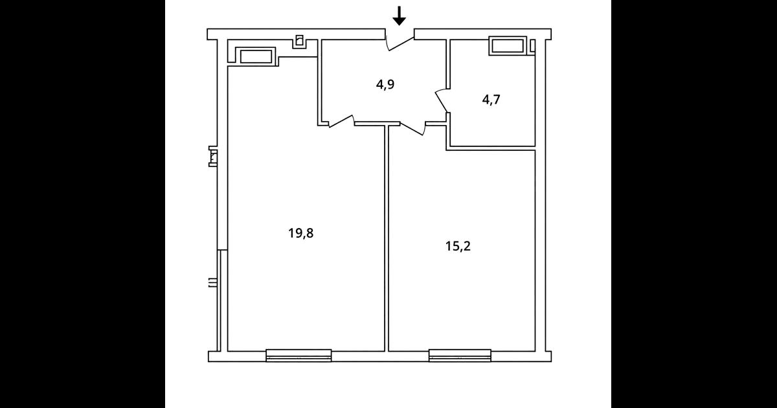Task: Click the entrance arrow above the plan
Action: click(x=400, y=16)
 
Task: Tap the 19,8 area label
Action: click(x=300, y=234)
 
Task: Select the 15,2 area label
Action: click(x=458, y=246)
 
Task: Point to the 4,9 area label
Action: click(x=385, y=85)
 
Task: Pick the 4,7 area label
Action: click(x=491, y=100)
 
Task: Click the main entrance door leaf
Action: click(x=401, y=44)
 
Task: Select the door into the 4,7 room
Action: click(x=441, y=100)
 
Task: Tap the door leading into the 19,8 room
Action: click(x=341, y=121)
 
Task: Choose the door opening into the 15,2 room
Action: click(x=412, y=128)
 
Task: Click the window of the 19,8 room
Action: click(x=298, y=356)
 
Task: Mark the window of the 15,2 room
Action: click(x=460, y=356)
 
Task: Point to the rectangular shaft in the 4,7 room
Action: click(x=508, y=46)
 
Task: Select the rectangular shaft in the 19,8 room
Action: click(x=256, y=56)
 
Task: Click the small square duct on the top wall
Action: click(x=300, y=41)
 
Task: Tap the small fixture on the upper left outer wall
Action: click(x=212, y=156)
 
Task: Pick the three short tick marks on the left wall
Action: click(x=212, y=283)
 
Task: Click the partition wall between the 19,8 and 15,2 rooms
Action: click(x=387, y=238)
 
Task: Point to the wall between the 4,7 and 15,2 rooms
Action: click(x=491, y=148)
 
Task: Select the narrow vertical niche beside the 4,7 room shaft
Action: click(x=533, y=46)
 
